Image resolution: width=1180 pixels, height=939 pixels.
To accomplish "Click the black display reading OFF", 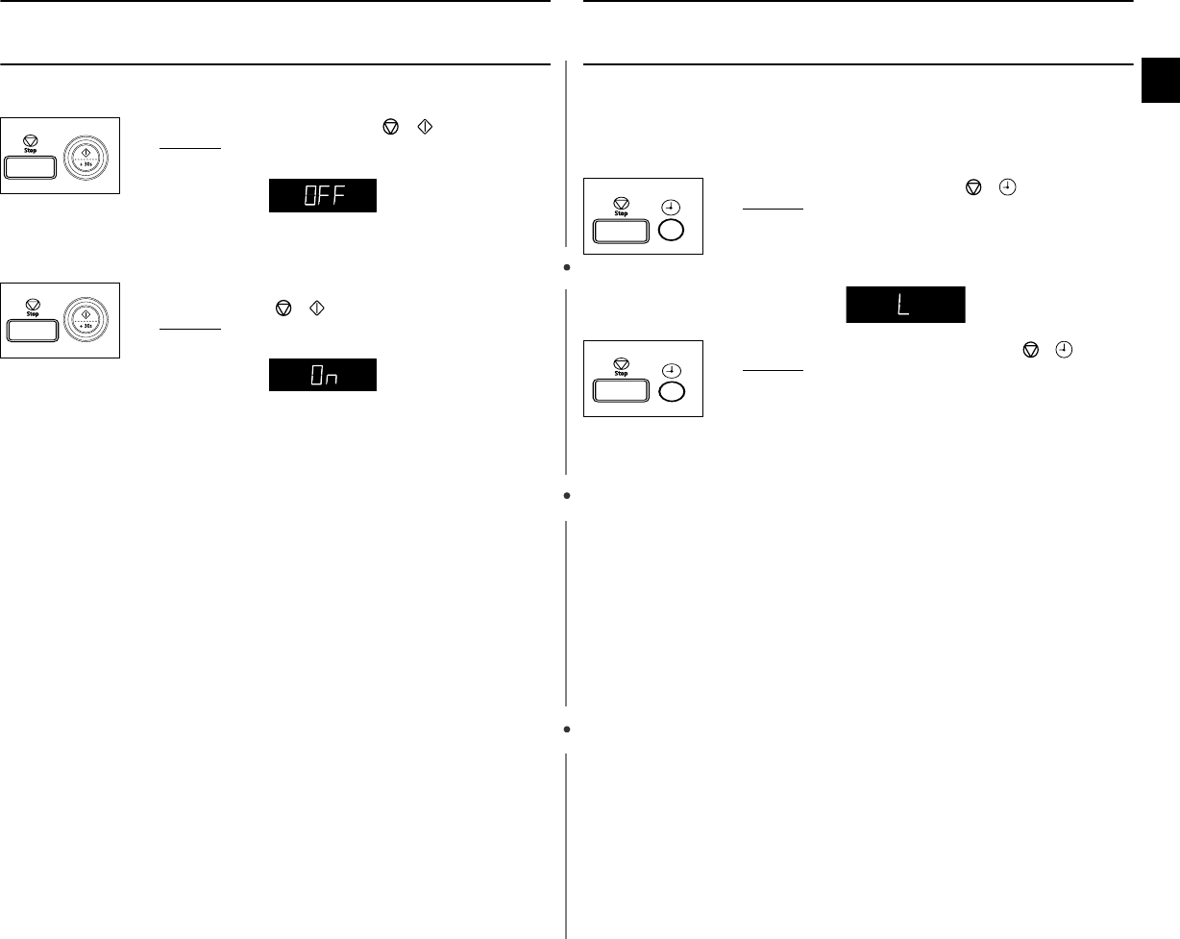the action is pos(322,195).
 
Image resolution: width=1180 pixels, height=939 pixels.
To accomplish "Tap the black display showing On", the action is pos(322,375).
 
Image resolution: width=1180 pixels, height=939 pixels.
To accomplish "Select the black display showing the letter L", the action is pos(905,306).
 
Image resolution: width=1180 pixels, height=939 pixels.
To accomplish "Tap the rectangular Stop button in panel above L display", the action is pos(620,231).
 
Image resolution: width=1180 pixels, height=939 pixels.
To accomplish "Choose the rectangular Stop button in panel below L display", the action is pos(620,392).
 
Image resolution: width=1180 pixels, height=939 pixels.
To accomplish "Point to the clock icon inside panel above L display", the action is pos(672,205).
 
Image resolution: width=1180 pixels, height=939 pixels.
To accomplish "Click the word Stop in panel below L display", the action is pos(621,374).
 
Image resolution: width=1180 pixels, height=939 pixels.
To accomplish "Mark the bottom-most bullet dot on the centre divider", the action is pos(568,730).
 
